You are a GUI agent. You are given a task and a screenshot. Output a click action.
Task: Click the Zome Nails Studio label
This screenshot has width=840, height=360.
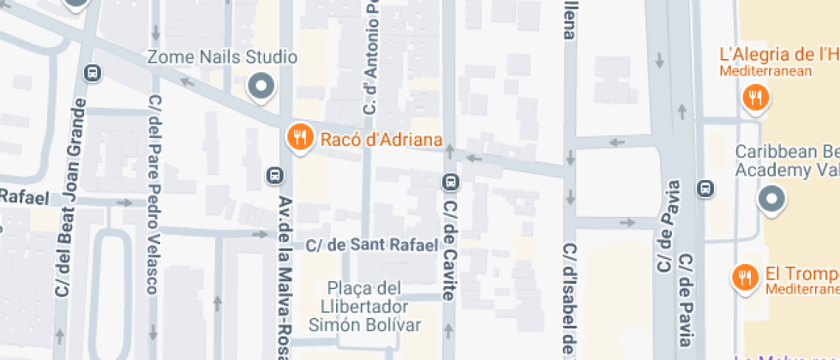222,57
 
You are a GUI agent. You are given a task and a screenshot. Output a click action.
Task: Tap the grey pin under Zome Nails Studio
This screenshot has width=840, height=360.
261,86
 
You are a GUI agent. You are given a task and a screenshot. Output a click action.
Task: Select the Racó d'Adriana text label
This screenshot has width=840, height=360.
381,140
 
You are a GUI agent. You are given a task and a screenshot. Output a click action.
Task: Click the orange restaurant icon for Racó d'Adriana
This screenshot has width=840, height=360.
298,137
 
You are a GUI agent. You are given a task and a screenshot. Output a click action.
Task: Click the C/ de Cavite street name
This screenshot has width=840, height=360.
448,249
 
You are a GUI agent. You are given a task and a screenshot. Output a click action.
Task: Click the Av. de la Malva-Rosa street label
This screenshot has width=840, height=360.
285,274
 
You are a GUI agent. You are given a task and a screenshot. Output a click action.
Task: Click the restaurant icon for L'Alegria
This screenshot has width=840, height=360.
755,98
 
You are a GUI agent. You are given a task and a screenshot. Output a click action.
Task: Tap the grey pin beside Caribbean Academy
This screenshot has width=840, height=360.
772,200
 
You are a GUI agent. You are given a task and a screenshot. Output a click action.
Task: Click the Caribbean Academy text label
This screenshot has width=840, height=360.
787,160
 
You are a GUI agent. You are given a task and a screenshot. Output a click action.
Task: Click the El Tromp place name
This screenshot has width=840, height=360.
801,274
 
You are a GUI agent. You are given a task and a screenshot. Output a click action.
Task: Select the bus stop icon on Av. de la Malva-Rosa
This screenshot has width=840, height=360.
275,176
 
